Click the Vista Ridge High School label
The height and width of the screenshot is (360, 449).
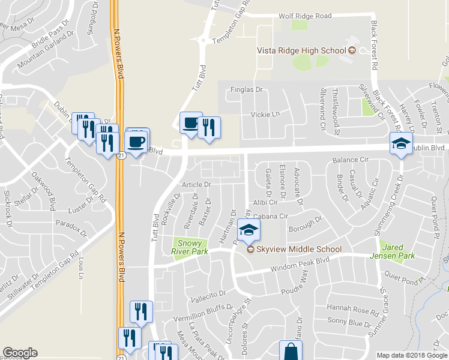point(302,51)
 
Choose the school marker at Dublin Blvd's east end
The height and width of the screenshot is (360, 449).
point(401,144)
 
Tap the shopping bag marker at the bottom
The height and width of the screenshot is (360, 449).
point(291,351)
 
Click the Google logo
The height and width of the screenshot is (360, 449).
point(20,353)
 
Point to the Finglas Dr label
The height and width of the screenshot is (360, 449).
point(247,90)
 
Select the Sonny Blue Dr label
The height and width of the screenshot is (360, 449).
point(349,323)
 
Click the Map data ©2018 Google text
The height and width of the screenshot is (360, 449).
point(412,355)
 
